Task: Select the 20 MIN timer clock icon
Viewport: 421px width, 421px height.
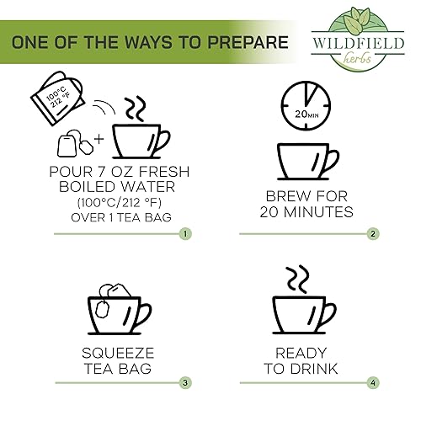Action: tap(306, 104)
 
